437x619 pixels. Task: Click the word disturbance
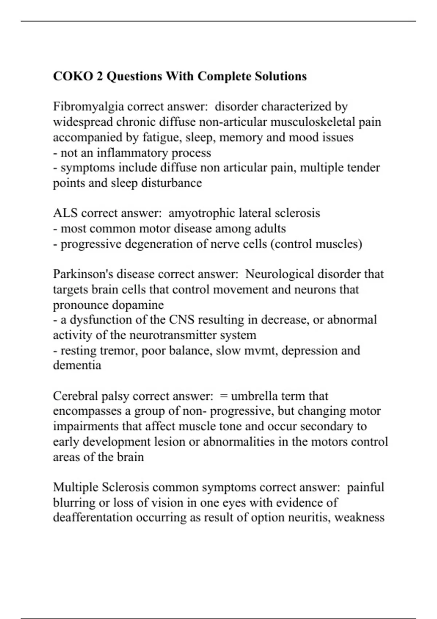tap(171, 183)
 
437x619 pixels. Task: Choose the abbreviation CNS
tap(181, 320)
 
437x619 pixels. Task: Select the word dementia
tap(77, 365)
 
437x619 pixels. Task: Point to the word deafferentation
tap(92, 517)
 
